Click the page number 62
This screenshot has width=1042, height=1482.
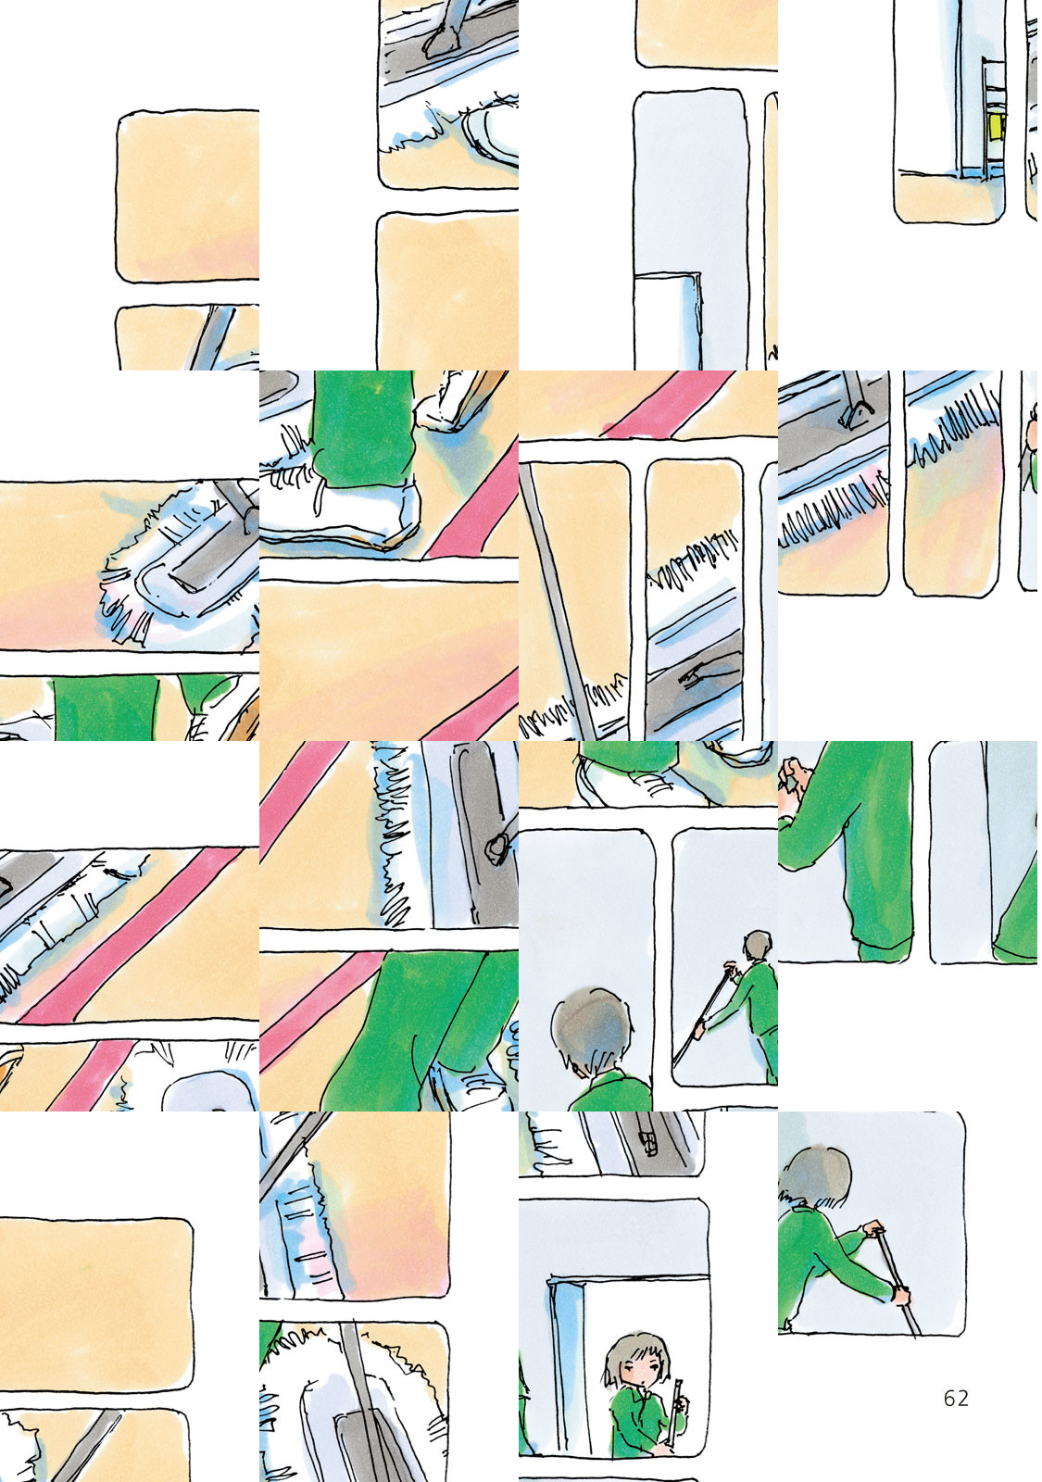pyautogui.click(x=956, y=1398)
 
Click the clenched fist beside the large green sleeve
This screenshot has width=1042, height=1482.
pyautogui.click(x=791, y=781)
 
